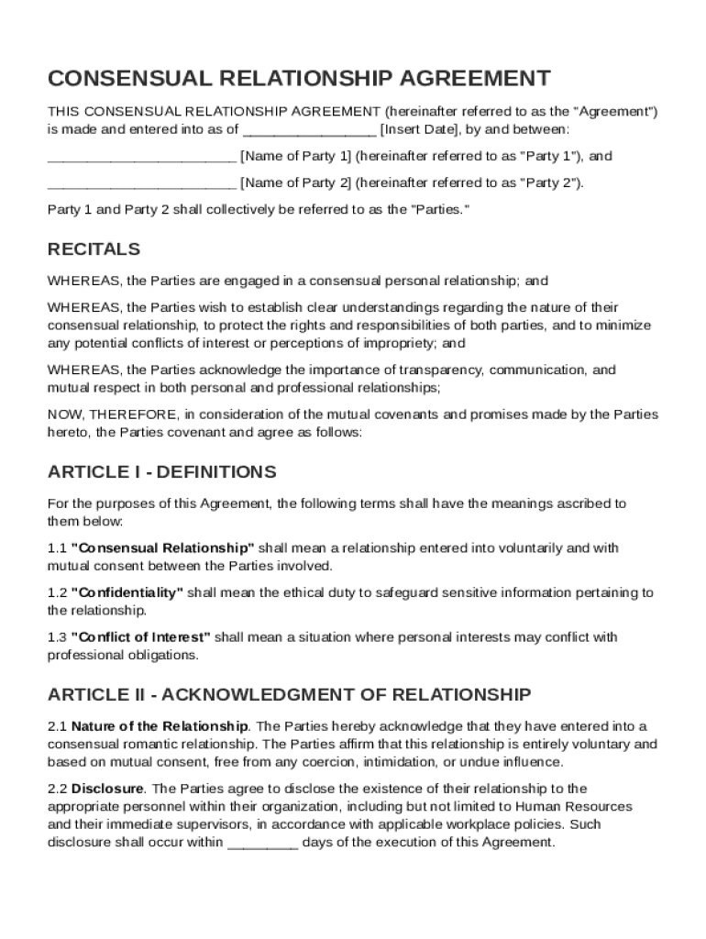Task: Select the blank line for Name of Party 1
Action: (x=141, y=156)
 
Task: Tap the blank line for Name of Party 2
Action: (x=141, y=182)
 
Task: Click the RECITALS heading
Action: (x=94, y=249)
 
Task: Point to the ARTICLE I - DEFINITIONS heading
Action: (x=161, y=472)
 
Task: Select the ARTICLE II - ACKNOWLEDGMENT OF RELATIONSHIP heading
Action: (x=289, y=694)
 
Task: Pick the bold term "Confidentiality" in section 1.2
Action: (x=127, y=592)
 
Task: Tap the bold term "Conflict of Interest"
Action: (x=140, y=637)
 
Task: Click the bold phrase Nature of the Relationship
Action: (x=159, y=726)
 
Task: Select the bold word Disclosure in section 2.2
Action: (x=107, y=789)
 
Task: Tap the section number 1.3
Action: (x=57, y=637)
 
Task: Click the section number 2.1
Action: (x=57, y=726)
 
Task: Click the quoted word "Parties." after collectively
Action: (x=440, y=209)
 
